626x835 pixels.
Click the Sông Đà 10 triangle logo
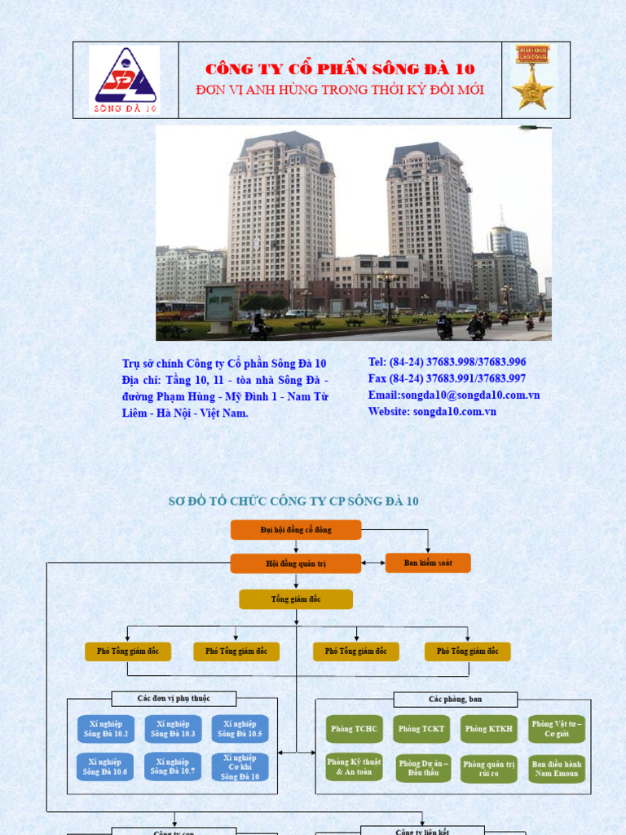(x=125, y=80)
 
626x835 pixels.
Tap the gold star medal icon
(x=533, y=78)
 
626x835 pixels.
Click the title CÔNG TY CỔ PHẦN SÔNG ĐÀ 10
(x=340, y=69)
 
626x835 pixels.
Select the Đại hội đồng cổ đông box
(x=296, y=530)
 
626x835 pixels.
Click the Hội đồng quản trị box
(x=296, y=563)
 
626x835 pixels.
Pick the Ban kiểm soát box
(x=427, y=563)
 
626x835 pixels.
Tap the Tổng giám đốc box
(x=296, y=599)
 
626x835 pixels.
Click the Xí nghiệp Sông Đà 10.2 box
(x=105, y=729)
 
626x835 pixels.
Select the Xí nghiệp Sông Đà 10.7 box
(x=173, y=767)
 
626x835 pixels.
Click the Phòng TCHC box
(x=354, y=729)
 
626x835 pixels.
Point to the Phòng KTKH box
(x=488, y=729)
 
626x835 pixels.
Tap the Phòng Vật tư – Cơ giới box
(x=557, y=729)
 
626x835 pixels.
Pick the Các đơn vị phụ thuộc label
(x=174, y=699)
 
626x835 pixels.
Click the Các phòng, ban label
(x=455, y=700)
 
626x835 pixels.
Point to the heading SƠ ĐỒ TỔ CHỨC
(x=293, y=501)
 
